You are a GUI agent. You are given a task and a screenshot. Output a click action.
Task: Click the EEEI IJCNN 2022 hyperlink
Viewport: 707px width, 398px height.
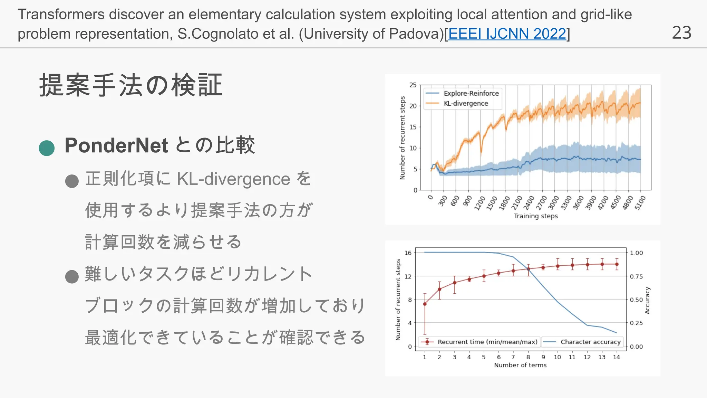click(x=507, y=34)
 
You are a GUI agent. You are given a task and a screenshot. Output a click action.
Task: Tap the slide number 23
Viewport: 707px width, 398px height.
click(x=681, y=33)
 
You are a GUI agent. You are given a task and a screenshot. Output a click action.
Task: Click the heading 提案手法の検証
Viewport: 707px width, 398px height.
click(x=131, y=85)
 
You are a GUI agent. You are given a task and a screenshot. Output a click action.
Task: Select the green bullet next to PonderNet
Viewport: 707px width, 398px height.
click(x=47, y=148)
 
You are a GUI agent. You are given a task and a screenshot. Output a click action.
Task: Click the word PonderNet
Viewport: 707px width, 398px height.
click(x=116, y=145)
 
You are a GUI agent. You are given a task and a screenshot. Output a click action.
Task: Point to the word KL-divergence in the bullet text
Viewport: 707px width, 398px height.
click(x=233, y=179)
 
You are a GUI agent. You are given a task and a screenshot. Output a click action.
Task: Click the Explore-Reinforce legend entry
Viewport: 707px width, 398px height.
click(x=471, y=93)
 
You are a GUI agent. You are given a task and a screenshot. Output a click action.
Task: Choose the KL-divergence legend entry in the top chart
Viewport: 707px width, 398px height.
click(x=466, y=103)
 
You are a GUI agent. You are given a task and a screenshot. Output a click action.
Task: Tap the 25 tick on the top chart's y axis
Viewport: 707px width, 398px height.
click(x=413, y=85)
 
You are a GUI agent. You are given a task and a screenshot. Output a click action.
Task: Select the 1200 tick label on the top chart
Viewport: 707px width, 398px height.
click(x=479, y=203)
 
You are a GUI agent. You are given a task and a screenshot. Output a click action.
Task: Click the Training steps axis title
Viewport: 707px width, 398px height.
click(x=535, y=216)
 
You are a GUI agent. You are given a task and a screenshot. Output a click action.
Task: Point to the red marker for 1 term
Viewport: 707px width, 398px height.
click(x=425, y=304)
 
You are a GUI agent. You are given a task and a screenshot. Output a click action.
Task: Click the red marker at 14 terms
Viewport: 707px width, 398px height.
click(x=617, y=264)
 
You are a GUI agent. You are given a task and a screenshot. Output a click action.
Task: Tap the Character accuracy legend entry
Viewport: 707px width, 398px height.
click(x=590, y=342)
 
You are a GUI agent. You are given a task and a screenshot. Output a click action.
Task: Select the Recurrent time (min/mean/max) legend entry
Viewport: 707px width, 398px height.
click(x=487, y=342)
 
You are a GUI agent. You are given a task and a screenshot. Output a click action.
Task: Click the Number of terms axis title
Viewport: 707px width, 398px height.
click(x=520, y=365)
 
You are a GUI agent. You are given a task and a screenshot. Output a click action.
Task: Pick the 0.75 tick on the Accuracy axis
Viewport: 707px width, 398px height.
click(x=636, y=276)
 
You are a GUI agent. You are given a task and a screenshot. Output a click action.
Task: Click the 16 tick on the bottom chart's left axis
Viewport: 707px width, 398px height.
click(x=408, y=253)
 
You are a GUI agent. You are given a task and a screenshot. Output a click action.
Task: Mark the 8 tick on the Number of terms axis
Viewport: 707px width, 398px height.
click(x=528, y=357)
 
